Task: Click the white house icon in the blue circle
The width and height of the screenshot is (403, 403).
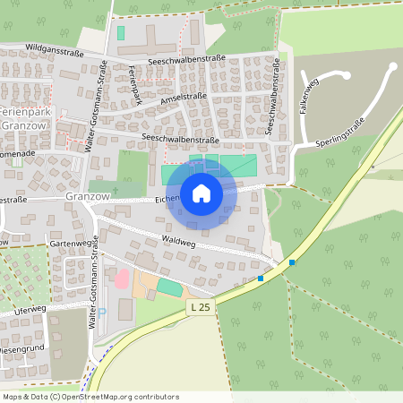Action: coord(201,193)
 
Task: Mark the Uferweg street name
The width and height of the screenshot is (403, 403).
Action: coord(29,310)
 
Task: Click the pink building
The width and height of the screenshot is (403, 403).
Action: coord(122,278)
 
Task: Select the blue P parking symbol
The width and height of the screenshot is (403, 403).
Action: coord(99,310)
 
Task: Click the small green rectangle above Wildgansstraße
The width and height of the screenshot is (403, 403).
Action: coord(120,32)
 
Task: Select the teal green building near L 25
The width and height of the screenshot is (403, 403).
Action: coord(169,286)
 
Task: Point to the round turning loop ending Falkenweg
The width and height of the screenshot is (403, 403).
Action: coord(391,67)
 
